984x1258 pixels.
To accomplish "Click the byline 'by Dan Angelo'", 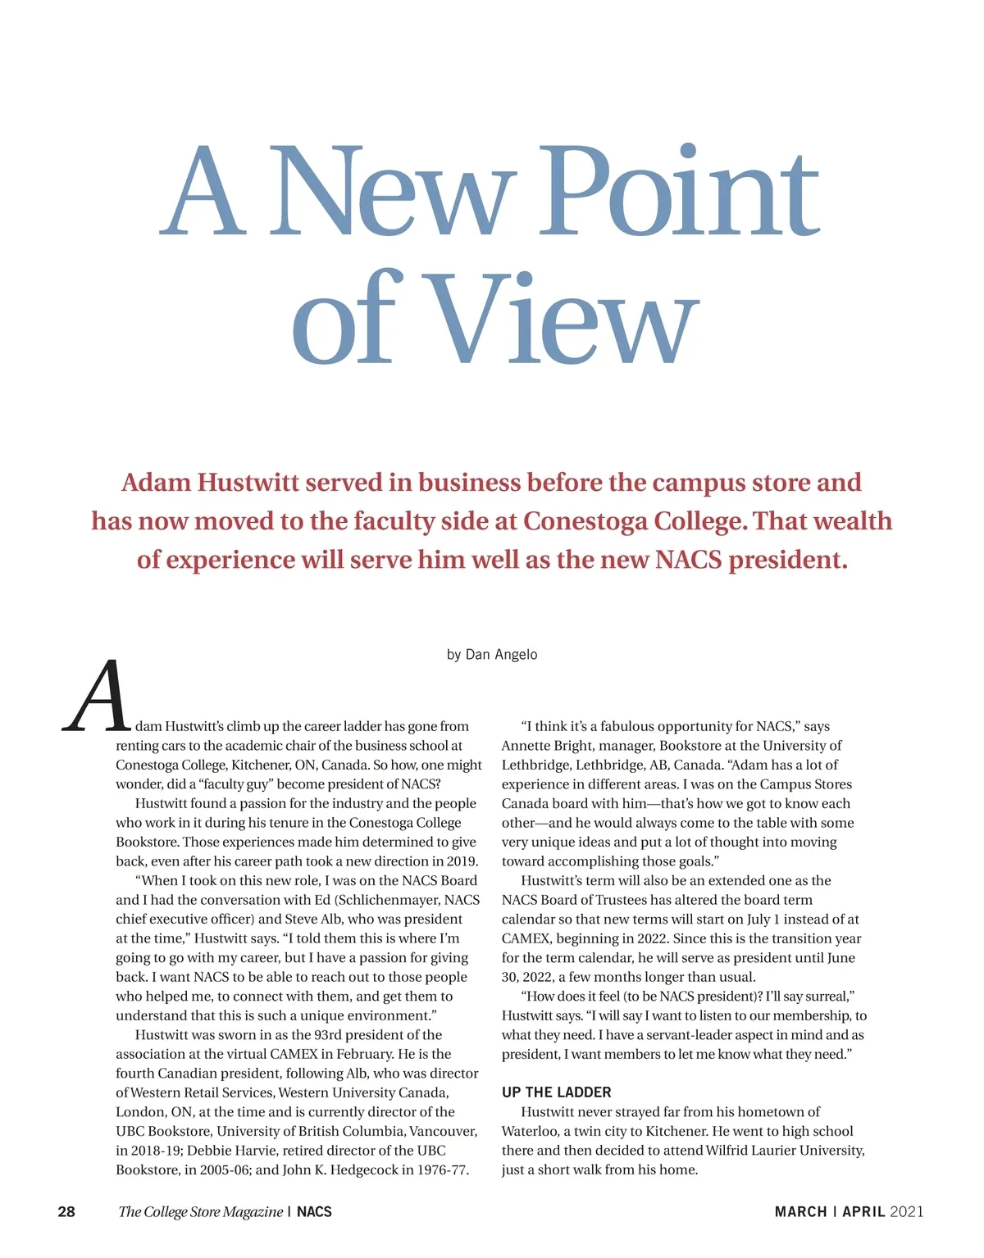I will tap(492, 654).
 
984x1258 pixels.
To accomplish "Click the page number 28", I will tap(66, 1211).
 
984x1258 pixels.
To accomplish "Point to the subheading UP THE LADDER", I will tap(556, 1092).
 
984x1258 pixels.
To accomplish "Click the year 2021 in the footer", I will tap(906, 1211).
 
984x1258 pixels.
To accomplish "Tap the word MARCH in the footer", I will tap(800, 1211).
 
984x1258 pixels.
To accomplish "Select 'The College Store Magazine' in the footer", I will tap(200, 1211).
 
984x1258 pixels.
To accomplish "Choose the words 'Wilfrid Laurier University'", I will tap(785, 1150).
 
